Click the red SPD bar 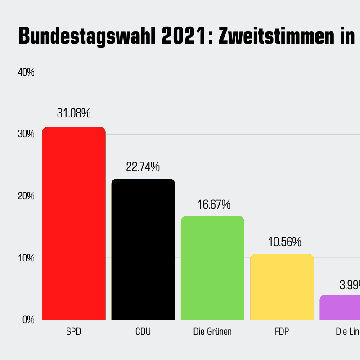click(x=73, y=224)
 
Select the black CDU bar click(x=143, y=249)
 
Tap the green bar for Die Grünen click(x=212, y=268)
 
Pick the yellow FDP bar click(x=282, y=287)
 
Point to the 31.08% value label click(x=74, y=113)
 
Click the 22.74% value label click(x=143, y=167)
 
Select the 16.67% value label click(x=214, y=205)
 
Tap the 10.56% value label click(x=284, y=242)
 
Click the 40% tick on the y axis click(x=26, y=72)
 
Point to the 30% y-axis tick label click(x=26, y=134)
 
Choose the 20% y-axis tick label click(x=26, y=196)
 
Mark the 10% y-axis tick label click(x=26, y=258)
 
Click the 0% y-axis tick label click(x=28, y=320)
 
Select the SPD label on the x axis click(x=73, y=332)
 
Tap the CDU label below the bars click(x=143, y=332)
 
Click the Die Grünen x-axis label click(x=212, y=332)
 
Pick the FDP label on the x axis click(x=282, y=332)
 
